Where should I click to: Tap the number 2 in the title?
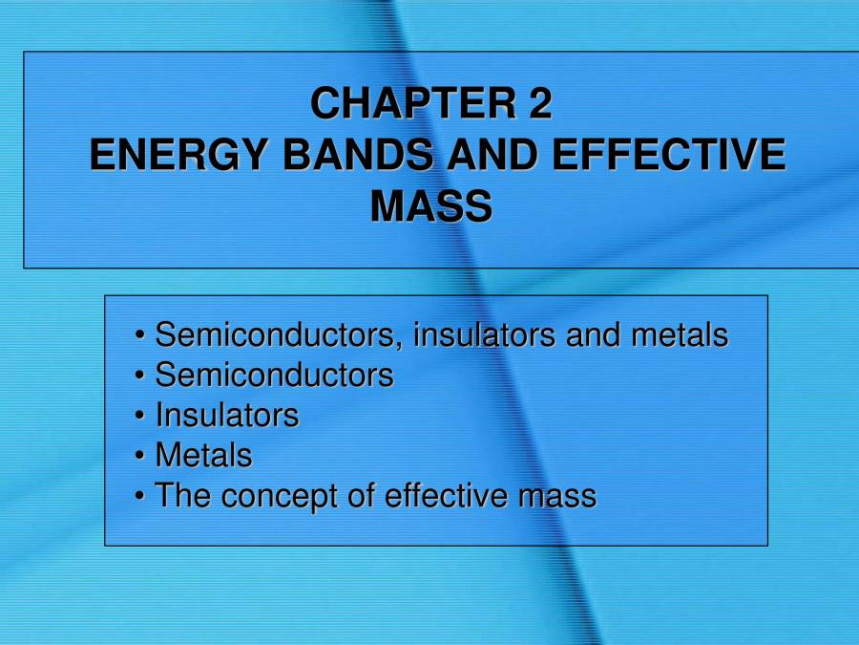coord(540,104)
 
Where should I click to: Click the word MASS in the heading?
coord(430,206)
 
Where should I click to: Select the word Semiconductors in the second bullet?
coord(274,376)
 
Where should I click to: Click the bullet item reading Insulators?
coord(227,416)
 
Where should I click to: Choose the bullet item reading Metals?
coord(203,456)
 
